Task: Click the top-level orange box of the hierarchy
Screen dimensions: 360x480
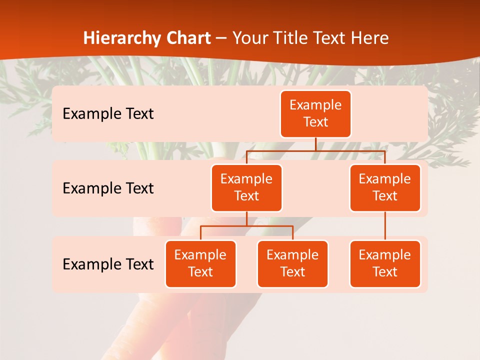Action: (x=315, y=113)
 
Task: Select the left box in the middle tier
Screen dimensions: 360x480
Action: (x=246, y=187)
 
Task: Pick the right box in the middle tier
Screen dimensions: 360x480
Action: (x=385, y=187)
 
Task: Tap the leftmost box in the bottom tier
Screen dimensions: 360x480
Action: (x=200, y=263)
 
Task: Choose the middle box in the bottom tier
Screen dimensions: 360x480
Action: (x=292, y=263)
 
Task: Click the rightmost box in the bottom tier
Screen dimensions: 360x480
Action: (x=385, y=263)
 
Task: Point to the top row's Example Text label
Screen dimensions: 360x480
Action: (x=108, y=114)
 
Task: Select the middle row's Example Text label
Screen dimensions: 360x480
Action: (x=108, y=188)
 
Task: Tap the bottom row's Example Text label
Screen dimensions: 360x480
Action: (x=108, y=264)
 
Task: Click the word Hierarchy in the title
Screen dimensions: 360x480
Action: (x=122, y=38)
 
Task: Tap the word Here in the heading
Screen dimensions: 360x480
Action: (x=370, y=38)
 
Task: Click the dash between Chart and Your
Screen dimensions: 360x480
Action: (x=221, y=38)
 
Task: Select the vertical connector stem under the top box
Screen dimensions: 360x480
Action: (x=315, y=144)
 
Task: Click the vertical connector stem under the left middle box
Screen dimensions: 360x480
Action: (x=246, y=218)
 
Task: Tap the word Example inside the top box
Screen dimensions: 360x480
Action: (x=315, y=105)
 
